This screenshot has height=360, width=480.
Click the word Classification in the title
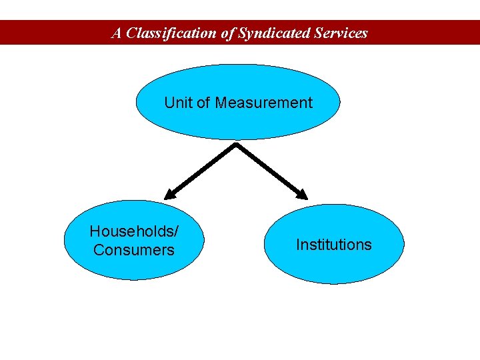[x=172, y=33]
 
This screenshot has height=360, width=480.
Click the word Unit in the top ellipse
[x=178, y=103]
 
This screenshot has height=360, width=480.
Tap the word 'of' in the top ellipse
[x=203, y=103]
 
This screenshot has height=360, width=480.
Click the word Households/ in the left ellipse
[x=134, y=231]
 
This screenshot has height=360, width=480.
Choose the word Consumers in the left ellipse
[x=134, y=250]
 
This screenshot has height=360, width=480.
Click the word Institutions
[x=334, y=245]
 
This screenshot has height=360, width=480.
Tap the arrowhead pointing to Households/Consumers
[x=170, y=195]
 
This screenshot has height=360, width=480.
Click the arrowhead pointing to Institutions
[x=302, y=194]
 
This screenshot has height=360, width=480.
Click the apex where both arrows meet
[x=235, y=144]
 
